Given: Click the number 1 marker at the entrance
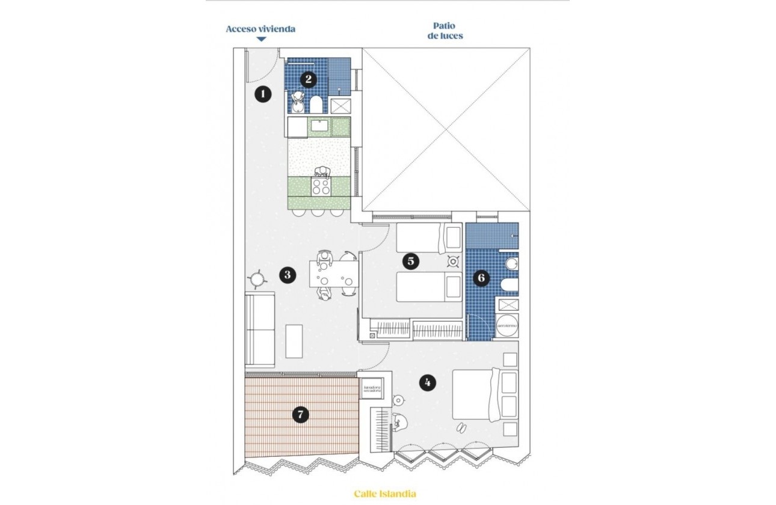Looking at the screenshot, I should click(x=262, y=94).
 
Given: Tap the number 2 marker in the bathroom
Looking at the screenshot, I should click(x=308, y=78).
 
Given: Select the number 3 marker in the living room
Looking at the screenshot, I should click(x=288, y=275).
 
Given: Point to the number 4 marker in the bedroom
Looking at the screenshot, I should click(x=427, y=382).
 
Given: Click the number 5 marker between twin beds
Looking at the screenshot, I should click(x=411, y=261).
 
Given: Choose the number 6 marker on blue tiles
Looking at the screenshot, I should click(x=481, y=278).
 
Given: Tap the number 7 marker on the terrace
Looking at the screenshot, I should click(x=300, y=414).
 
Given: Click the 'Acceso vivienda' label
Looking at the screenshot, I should click(x=260, y=28).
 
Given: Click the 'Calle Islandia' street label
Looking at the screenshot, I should click(x=384, y=494).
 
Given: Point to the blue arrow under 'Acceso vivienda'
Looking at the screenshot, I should click(x=261, y=40).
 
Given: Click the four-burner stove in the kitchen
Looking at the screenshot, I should click(x=321, y=186).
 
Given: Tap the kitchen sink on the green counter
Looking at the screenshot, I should click(x=319, y=126).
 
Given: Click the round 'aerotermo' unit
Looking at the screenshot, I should click(x=507, y=325).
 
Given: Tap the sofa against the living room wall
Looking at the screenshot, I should click(x=260, y=329).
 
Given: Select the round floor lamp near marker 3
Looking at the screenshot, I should click(x=257, y=278).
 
